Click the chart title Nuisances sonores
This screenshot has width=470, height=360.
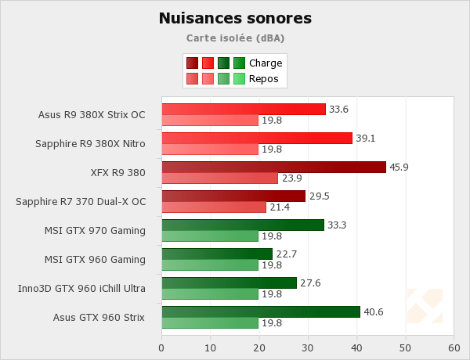tap(235, 18)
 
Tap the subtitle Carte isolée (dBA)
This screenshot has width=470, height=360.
tap(235, 38)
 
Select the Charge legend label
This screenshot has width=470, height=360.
tap(266, 63)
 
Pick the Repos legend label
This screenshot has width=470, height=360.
tap(264, 78)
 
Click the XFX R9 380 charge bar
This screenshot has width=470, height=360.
tap(273, 167)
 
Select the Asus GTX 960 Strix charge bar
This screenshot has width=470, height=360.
tap(261, 311)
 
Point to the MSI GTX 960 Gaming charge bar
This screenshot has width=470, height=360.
tap(217, 254)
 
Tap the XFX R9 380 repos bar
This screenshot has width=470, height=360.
tap(220, 178)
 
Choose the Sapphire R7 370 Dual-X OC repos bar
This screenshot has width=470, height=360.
tap(214, 207)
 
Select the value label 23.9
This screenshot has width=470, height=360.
tap(291, 178)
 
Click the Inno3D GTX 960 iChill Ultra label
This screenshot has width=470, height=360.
tap(81, 288)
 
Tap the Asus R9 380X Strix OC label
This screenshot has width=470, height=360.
tap(92, 114)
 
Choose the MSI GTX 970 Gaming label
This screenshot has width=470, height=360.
tap(96, 230)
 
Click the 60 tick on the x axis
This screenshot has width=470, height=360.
tap(454, 347)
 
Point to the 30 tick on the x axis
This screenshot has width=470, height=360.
tap(308, 347)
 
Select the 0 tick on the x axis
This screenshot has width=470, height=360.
tap(161, 347)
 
